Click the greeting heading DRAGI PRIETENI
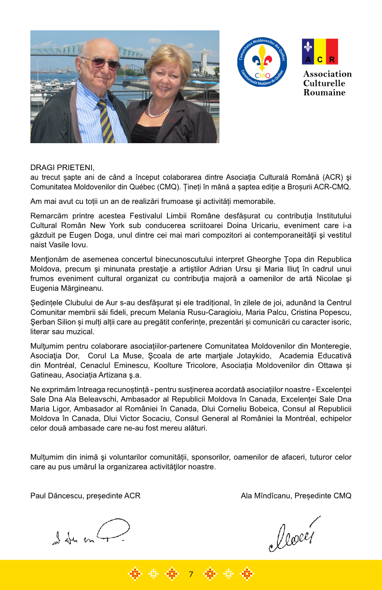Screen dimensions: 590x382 tap(63, 168)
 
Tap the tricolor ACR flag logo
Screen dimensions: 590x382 tap(320, 52)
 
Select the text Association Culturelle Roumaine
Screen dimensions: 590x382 tap(327, 83)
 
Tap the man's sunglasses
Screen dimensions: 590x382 tap(102, 62)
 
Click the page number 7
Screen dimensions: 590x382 tap(191, 574)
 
